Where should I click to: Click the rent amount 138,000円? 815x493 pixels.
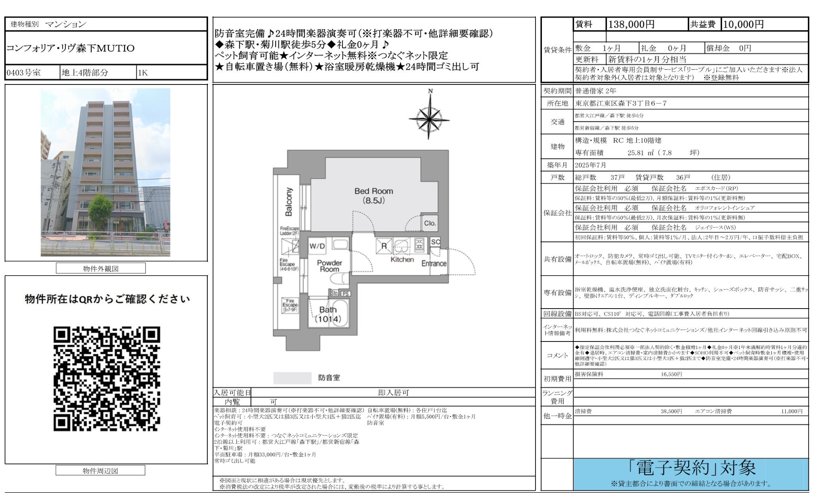click(631, 25)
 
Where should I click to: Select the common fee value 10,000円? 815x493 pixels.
click(743, 25)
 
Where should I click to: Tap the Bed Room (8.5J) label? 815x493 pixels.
click(373, 196)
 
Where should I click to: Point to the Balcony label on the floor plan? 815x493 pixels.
click(289, 202)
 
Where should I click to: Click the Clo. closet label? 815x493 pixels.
click(430, 223)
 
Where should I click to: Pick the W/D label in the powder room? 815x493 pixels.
click(317, 246)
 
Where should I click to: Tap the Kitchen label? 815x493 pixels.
click(402, 259)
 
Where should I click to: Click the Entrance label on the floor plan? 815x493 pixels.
click(434, 263)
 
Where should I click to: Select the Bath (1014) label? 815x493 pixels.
click(328, 314)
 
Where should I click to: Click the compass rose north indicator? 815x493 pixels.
click(429, 118)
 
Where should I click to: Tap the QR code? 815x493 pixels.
click(107, 378)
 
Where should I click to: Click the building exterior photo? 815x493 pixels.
click(105, 172)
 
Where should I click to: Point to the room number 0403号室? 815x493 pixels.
click(24, 73)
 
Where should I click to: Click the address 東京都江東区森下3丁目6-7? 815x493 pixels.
click(621, 103)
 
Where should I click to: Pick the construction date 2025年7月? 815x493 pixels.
click(591, 165)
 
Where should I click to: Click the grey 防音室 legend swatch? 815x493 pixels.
click(292, 378)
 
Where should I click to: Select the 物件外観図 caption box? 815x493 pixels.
click(101, 269)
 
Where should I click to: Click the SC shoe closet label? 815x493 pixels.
click(435, 242)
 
